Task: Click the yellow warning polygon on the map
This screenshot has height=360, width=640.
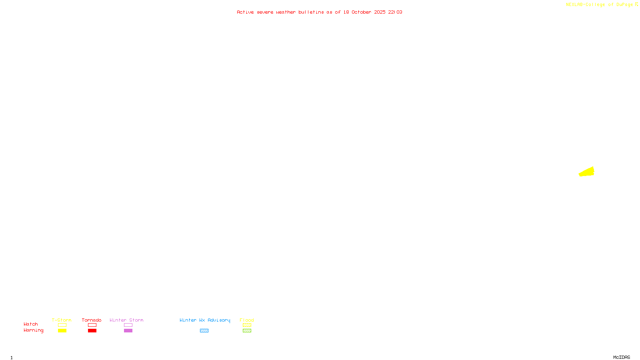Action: point(587,172)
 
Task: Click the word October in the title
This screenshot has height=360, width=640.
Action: point(361,12)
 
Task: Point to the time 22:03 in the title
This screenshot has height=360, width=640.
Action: point(395,12)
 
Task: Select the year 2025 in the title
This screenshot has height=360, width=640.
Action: point(380,12)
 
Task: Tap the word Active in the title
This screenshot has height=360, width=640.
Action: point(245,12)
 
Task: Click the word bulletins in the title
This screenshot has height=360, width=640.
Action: point(311,12)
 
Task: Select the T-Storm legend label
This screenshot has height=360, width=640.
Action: point(62,320)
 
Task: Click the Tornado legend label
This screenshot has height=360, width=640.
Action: point(92,320)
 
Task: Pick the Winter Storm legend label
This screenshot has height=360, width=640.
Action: point(126,320)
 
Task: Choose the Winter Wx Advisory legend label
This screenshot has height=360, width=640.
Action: point(205,320)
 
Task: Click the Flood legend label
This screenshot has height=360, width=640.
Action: point(247,320)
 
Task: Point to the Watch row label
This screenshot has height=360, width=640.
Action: point(31,324)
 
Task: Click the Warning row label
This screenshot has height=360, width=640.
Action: point(33,330)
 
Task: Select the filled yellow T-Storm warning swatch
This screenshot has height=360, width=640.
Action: point(62,331)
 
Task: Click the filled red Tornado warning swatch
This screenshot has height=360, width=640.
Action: point(92,331)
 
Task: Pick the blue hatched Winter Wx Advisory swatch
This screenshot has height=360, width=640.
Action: point(204,331)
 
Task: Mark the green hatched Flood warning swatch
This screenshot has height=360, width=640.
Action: point(247,331)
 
